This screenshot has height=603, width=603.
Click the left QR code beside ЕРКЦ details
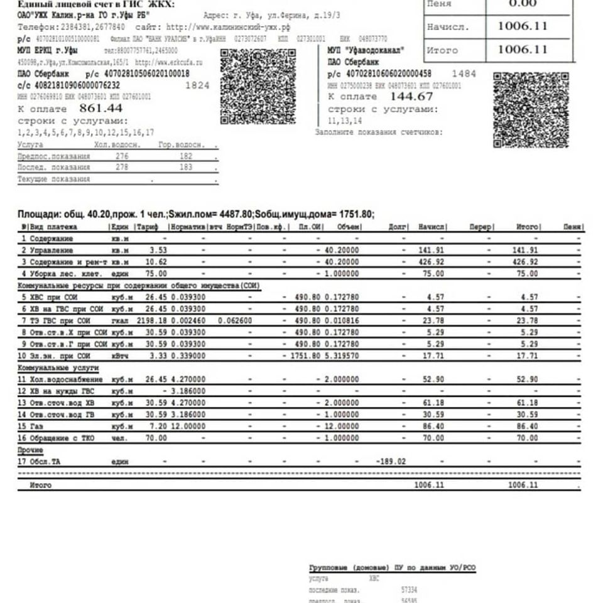[x=258, y=87]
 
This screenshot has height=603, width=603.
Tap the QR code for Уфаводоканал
[x=531, y=110]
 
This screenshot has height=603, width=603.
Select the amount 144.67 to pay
[x=411, y=96]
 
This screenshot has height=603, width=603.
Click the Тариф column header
[x=148, y=227]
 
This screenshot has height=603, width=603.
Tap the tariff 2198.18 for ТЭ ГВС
[x=151, y=320]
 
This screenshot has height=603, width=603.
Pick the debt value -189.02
[x=391, y=462]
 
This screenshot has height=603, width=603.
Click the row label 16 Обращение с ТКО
[x=58, y=438]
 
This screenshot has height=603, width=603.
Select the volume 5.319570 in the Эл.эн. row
[x=342, y=356]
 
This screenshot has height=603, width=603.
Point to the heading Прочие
[x=30, y=450]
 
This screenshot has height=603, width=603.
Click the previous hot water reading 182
[x=186, y=156]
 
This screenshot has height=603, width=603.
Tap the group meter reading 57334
[x=408, y=590]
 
